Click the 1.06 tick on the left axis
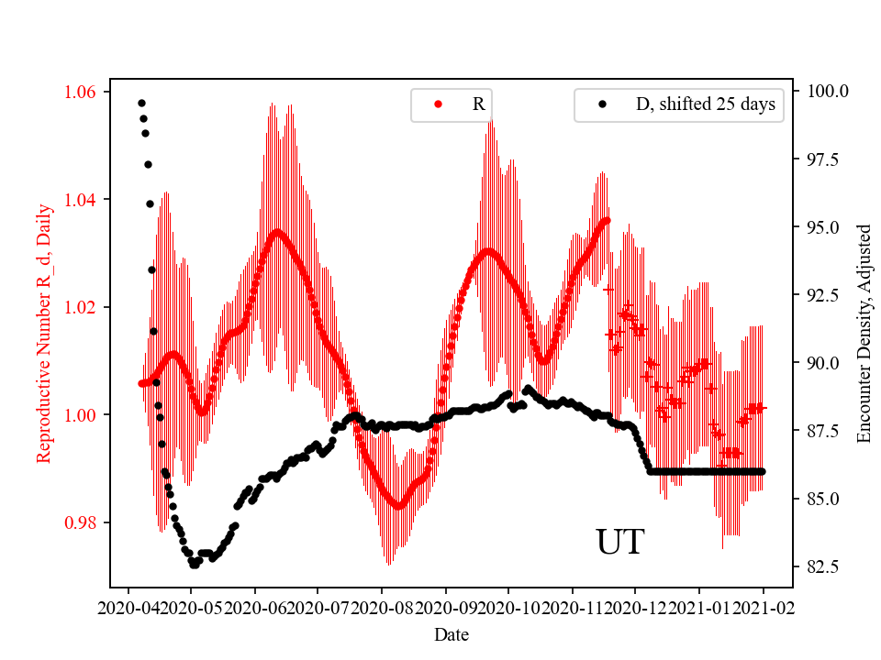pyautogui.click(x=84, y=92)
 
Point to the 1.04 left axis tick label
pyautogui.click(x=84, y=199)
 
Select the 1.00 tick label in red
pyautogui.click(x=84, y=415)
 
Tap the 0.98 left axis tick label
pyautogui.click(x=84, y=522)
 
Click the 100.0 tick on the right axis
pyautogui.click(x=828, y=92)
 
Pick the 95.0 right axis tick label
pyautogui.click(x=828, y=227)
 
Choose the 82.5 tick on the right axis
pyautogui.click(x=828, y=566)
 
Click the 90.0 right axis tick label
pyautogui.click(x=828, y=363)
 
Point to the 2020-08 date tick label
pyautogui.click(x=382, y=607)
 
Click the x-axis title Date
pyautogui.click(x=451, y=633)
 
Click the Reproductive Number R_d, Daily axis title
pyautogui.click(x=43, y=334)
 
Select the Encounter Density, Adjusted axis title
pyautogui.click(x=863, y=334)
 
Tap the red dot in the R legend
pyautogui.click(x=438, y=104)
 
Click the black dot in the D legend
pyautogui.click(x=603, y=104)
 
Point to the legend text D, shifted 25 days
pyautogui.click(x=705, y=104)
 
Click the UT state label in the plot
pyautogui.click(x=620, y=543)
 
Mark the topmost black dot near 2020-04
pyautogui.click(x=141, y=103)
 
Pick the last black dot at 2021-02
pyautogui.click(x=762, y=471)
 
